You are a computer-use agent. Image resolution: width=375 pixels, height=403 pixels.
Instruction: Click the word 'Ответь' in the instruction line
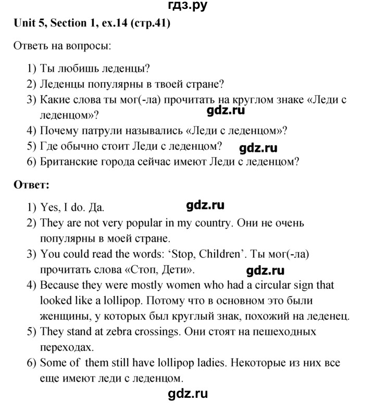(28, 46)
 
